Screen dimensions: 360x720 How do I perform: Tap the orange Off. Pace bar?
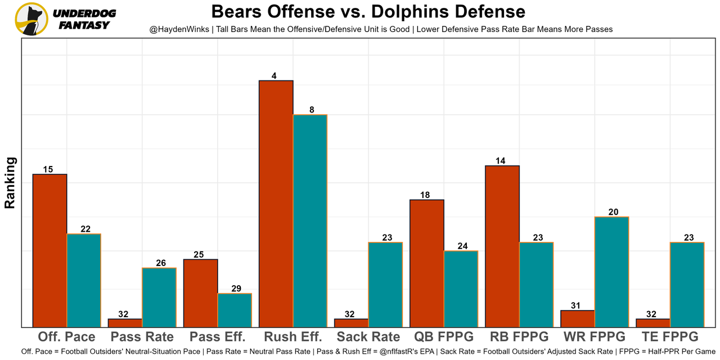coord(49,250)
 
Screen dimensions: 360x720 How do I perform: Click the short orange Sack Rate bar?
coord(351,323)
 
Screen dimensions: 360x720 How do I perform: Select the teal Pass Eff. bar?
coord(235,310)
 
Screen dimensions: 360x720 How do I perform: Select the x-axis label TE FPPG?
coord(669,337)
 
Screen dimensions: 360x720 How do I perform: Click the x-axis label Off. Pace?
coord(66,337)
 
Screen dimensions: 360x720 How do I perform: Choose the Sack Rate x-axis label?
coord(368,337)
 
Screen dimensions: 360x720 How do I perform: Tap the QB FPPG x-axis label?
coord(443,337)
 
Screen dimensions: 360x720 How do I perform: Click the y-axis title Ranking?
coord(10,183)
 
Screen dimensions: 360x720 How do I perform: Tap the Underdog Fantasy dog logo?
coord(31,19)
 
